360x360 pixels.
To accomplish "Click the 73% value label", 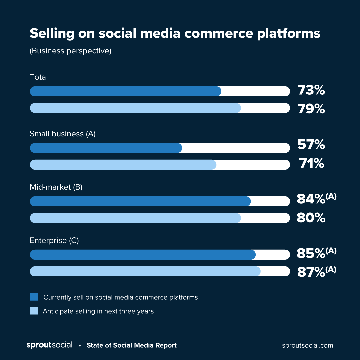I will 311,90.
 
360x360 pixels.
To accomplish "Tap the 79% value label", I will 311,109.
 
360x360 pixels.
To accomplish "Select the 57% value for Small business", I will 311,145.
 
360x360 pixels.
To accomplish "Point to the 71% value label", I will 311,163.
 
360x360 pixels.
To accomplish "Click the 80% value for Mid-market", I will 311,218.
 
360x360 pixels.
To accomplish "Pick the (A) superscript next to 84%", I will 331,196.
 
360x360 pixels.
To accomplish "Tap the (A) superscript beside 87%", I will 331,269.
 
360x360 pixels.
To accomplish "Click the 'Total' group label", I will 39,77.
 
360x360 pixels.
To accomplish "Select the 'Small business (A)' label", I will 63,134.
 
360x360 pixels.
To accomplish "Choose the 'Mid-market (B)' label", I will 56,187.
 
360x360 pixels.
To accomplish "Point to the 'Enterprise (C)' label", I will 54,240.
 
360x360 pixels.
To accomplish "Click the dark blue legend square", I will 34,297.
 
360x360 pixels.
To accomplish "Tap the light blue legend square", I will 34,311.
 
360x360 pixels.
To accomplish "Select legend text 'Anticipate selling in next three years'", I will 98,311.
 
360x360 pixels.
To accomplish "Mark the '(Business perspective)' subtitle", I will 70,51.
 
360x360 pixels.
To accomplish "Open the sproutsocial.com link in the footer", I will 307,345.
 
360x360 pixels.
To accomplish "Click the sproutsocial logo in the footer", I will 49,345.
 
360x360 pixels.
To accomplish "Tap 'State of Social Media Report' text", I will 132,345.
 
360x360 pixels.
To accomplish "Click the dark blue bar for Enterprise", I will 143,255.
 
